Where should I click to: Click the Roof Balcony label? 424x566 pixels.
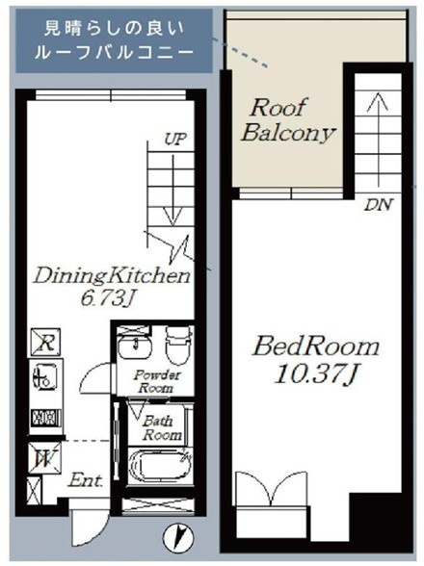288,120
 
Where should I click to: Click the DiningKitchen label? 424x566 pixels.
112,276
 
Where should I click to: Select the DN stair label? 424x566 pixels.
378,205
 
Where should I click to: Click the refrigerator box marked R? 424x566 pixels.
45,342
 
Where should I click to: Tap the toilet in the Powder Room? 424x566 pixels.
178,344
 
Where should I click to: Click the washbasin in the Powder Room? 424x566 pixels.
134,346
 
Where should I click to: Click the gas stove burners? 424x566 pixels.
45,418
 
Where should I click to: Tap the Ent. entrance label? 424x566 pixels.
86,480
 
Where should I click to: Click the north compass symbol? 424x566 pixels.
178,535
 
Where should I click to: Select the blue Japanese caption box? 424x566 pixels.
115,40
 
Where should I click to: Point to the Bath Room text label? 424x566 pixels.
161,427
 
